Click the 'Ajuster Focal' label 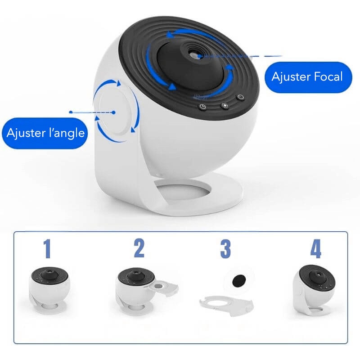click(308, 77)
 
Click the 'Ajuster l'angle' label click(45, 133)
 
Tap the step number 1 click(47, 249)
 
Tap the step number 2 click(139, 248)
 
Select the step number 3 click(225, 249)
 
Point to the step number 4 click(316, 249)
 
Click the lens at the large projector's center click(193, 54)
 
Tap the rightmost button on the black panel click(240, 97)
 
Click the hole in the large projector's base click(183, 189)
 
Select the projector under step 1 click(49, 290)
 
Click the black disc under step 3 click(239, 280)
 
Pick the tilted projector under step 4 click(314, 290)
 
